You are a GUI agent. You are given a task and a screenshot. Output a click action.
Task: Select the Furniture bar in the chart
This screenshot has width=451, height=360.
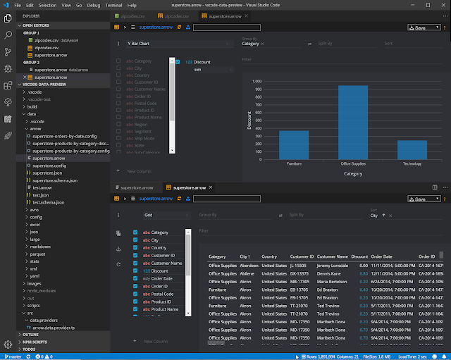pyautogui.click(x=274, y=144)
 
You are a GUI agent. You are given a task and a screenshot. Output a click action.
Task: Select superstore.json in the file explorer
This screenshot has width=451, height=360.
pyautogui.click(x=48, y=173)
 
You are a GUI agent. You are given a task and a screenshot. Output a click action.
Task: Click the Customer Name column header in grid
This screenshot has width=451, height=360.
pyautogui.click(x=333, y=256)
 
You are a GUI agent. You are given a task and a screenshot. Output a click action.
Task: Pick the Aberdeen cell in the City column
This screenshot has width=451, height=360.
pyautogui.click(x=248, y=265)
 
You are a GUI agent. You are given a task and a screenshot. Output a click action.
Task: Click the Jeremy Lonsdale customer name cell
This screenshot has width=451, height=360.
pyautogui.click(x=333, y=265)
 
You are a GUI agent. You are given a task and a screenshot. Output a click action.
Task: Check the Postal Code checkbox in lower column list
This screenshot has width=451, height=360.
pyautogui.click(x=136, y=293)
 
